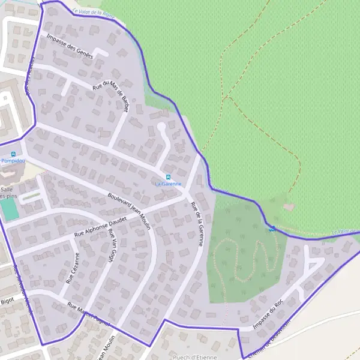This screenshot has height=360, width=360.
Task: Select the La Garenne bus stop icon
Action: pyautogui.click(x=169, y=177)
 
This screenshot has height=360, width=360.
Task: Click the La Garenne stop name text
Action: pyautogui.click(x=168, y=184)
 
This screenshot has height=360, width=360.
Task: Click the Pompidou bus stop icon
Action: pyautogui.click(x=13, y=154)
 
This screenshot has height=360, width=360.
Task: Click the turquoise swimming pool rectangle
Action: pyautogui.click(x=8, y=208)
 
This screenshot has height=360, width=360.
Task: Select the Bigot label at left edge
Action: pyautogui.click(x=7, y=300)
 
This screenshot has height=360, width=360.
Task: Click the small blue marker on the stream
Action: pyautogui.click(x=272, y=228)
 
